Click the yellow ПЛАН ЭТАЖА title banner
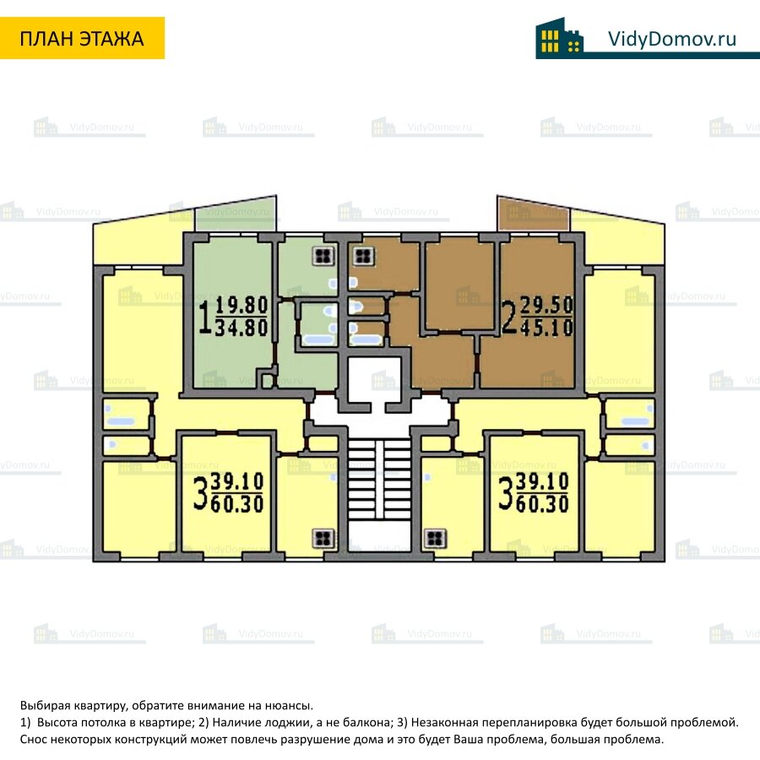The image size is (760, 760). tap(82, 38)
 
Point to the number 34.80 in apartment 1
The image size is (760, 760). tap(242, 327)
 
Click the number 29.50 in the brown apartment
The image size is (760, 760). tap(548, 306)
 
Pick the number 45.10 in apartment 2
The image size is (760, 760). tap(548, 327)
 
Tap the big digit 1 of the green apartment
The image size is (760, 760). tap(205, 317)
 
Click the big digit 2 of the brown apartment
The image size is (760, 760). tap(510, 317)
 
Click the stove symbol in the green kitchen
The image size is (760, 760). tap(322, 256)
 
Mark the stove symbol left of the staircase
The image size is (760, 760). tap(322, 537)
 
